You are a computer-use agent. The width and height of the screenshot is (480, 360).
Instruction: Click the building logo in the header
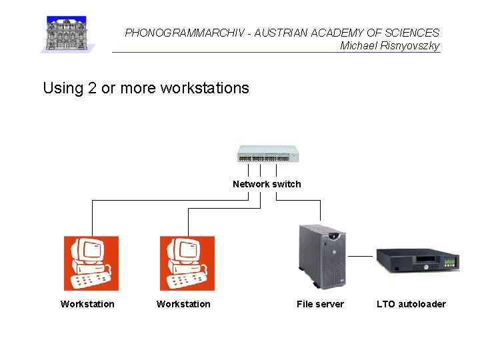(68, 34)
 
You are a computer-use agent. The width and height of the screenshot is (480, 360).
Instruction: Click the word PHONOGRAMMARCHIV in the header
(172, 33)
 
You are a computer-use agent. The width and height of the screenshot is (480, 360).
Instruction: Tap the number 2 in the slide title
(92, 88)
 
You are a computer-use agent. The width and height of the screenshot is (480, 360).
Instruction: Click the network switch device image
(267, 154)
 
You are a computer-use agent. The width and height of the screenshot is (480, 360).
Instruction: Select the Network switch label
(267, 184)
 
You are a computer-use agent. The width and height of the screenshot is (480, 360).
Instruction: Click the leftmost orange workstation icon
(91, 263)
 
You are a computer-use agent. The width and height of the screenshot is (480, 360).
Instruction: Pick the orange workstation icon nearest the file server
(187, 263)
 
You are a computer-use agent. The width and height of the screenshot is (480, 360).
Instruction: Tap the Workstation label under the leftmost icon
(87, 304)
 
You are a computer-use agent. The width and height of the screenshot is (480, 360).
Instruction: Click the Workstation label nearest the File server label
(183, 304)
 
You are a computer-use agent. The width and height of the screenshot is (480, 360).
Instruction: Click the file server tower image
(321, 255)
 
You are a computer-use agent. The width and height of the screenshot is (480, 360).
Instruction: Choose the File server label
(320, 304)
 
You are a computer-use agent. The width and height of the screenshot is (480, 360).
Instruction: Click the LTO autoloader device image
(418, 259)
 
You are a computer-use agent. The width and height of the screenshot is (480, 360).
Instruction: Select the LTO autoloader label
(411, 304)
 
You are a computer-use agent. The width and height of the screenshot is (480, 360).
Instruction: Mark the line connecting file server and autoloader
(361, 256)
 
